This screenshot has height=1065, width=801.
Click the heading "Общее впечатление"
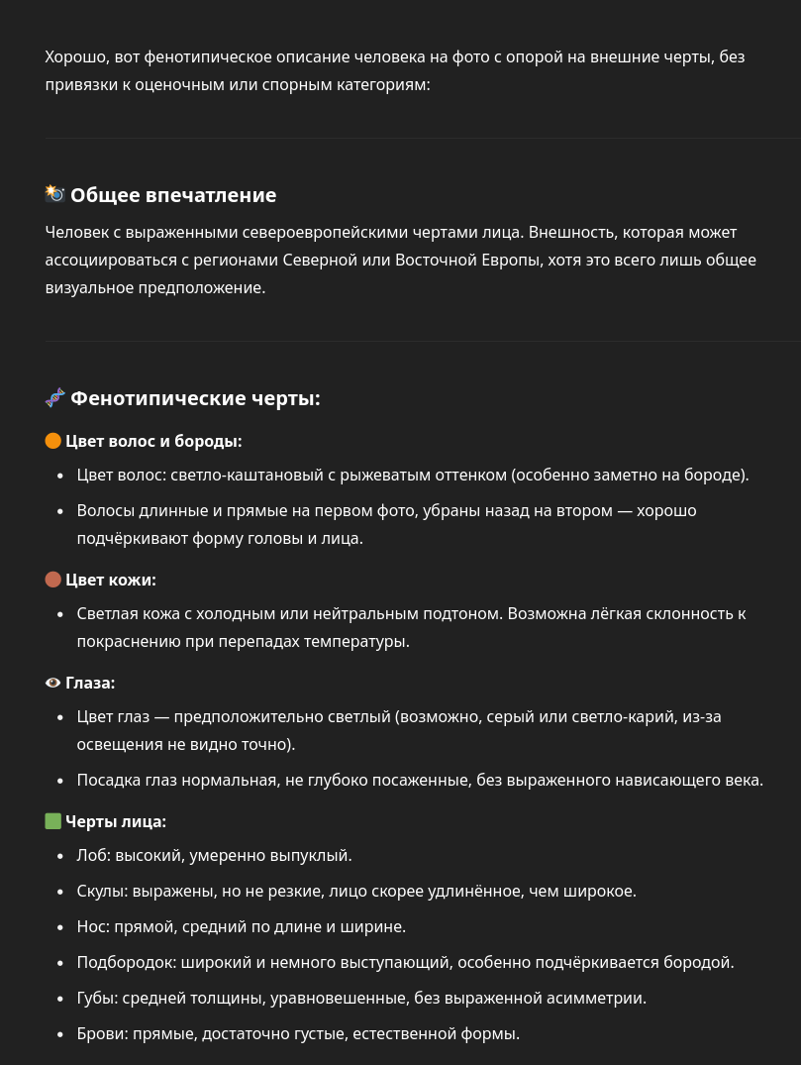pos(173,195)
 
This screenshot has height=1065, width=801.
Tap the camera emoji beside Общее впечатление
pos(54,194)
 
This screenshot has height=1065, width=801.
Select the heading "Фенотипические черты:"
pos(195,398)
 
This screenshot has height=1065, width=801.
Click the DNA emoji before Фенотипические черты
pos(54,398)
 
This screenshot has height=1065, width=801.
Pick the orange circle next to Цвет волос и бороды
pos(53,441)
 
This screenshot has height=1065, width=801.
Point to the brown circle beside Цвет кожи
pos(53,580)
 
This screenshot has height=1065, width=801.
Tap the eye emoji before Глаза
pos(53,683)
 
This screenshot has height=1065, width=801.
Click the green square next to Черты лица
pos(53,821)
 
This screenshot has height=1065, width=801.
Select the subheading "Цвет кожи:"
pos(111,580)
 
